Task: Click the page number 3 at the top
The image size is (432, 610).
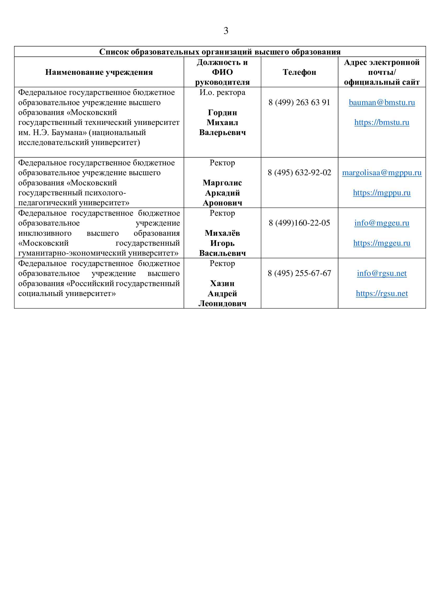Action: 226,31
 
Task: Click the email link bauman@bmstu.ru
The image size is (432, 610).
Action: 382,102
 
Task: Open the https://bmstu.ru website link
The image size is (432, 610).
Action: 382,123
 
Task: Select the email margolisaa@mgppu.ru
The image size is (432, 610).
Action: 382,173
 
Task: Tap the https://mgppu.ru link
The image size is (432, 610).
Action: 382,193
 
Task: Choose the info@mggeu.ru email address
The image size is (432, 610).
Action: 382,223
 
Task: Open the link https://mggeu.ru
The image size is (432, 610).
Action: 382,243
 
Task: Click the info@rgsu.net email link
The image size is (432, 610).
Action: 382,273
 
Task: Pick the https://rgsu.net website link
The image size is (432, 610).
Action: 382,293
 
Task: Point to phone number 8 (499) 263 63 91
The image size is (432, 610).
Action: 299,102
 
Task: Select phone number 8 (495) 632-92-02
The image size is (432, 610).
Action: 299,173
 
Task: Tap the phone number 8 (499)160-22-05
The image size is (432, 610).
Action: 299,223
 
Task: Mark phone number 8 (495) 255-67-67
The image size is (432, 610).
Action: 299,273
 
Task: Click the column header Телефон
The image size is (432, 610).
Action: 299,72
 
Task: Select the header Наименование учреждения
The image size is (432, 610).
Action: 99,72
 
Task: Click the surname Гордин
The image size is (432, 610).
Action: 222,113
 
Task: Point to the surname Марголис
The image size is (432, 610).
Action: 222,183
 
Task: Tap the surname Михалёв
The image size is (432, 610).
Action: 222,233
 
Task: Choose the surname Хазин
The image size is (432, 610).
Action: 222,283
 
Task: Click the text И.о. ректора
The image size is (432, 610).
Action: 222,93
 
